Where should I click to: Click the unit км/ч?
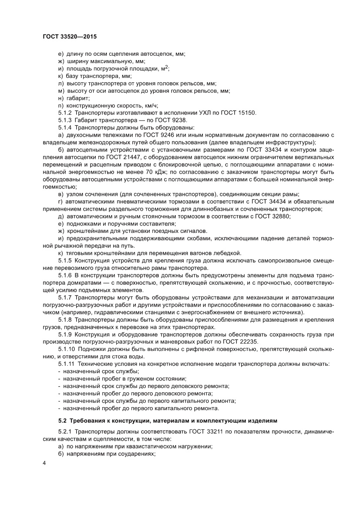[x=150, y=105]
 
